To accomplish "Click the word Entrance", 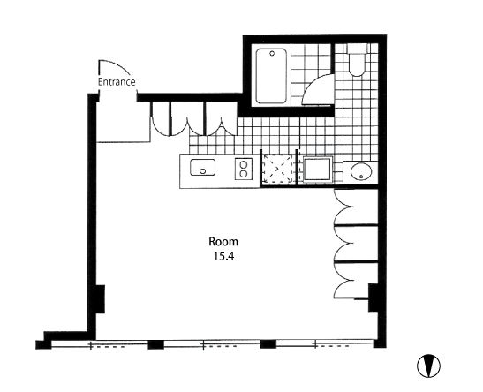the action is point(117,82).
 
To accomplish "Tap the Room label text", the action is point(223,242).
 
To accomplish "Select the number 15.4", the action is point(224,256).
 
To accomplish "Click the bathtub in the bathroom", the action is point(271,76).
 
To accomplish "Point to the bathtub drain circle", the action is point(272,53).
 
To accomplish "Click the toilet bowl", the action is point(357,65).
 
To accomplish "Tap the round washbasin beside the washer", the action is point(361,172).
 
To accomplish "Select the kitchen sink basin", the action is point(203,167).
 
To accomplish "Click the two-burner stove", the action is point(244,169).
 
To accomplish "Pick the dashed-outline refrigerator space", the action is point(277,169).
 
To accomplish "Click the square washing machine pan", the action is point(317,169).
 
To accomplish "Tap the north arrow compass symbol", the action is point(428,366).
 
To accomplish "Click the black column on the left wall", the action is point(100,299).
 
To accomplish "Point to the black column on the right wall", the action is point(374,298).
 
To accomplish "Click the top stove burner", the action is point(244,164).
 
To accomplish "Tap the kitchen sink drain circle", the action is point(203,171).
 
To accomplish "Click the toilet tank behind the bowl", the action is point(357,49).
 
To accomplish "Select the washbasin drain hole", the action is point(361,177).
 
